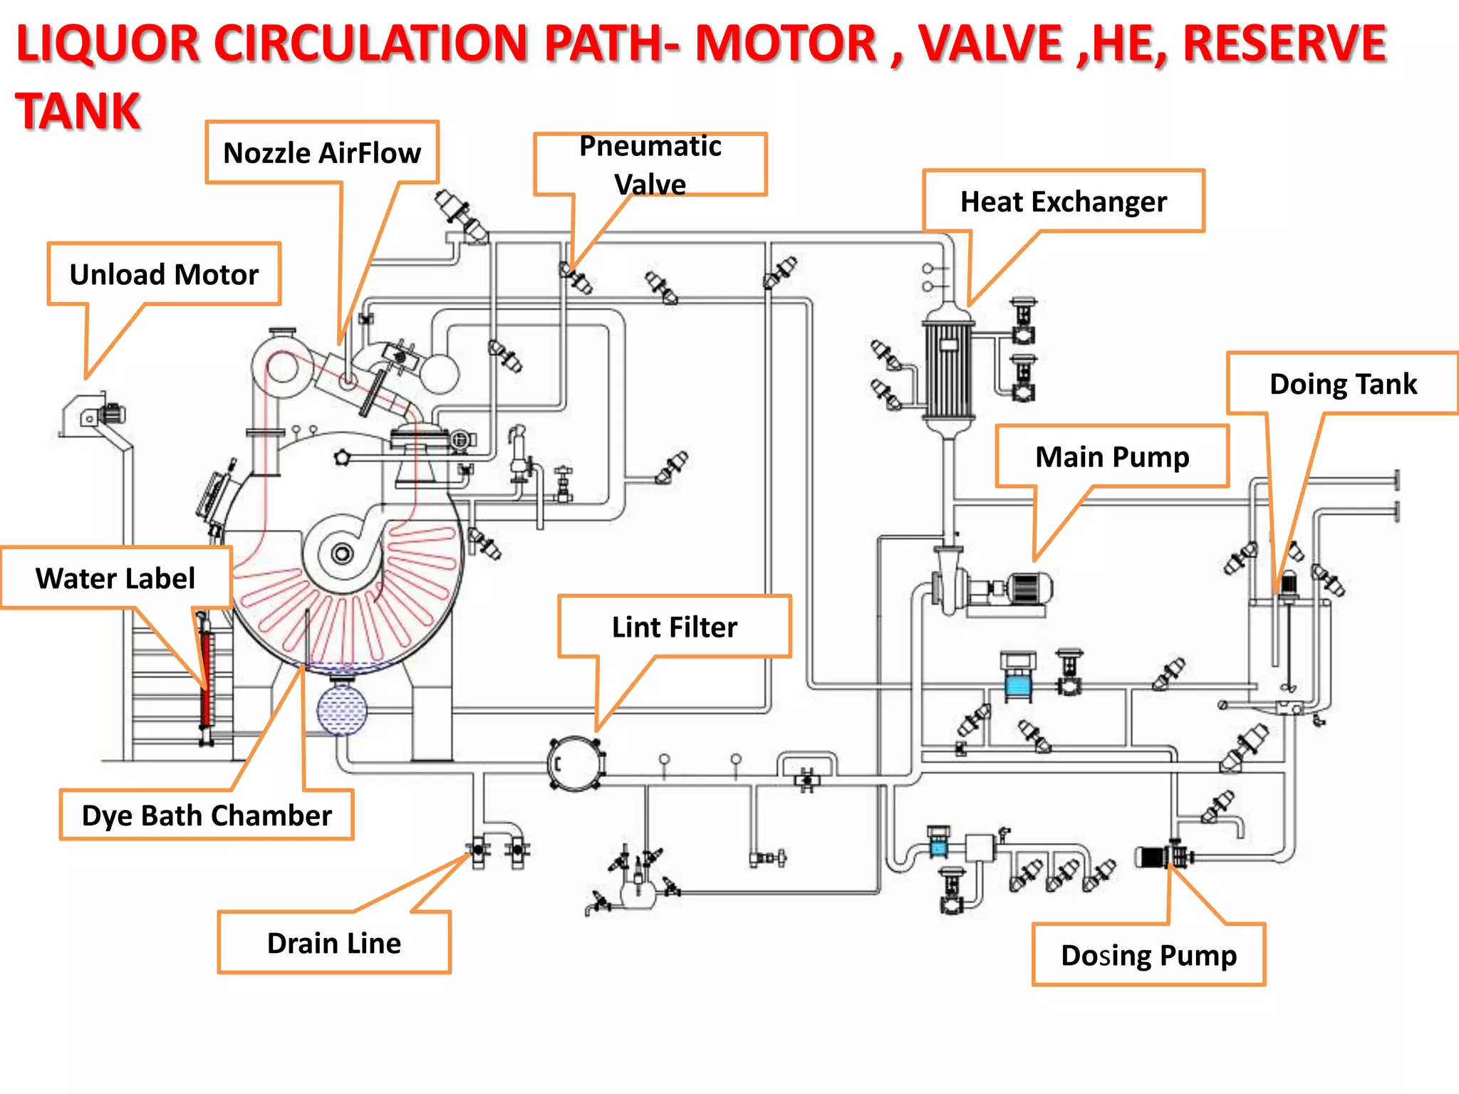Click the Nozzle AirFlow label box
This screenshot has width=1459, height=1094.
322,152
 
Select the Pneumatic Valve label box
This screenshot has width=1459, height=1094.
650,165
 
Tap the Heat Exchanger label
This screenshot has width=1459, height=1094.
1063,202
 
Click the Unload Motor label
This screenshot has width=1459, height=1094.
164,274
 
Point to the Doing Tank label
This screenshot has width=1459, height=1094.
1343,384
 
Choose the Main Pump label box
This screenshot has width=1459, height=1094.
1112,457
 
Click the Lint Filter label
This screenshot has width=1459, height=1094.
674,627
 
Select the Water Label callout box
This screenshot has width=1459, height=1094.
115,578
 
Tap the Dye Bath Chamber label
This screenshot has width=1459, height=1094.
207,815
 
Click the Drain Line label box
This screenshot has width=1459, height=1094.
334,942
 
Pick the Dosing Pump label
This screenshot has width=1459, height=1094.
1148,955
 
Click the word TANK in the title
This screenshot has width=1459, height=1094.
78,111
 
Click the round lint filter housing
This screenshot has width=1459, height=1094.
576,764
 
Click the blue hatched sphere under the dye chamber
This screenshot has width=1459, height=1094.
341,710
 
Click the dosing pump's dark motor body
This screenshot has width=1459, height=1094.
1149,856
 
